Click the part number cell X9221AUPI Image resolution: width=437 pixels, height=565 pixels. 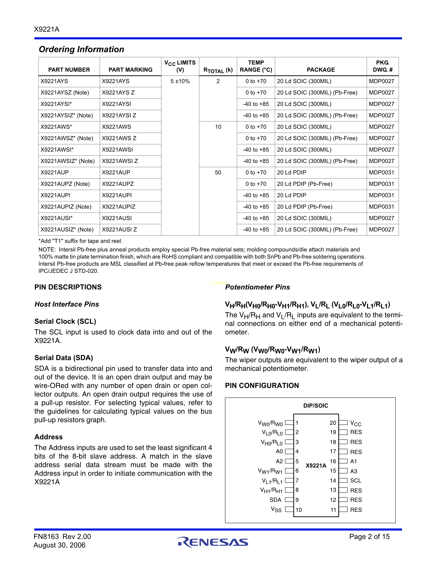55,195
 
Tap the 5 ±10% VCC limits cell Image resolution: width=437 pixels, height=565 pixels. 180,81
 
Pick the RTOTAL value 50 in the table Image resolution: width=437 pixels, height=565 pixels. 218,173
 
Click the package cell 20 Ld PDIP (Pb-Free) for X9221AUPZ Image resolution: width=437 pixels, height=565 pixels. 305,184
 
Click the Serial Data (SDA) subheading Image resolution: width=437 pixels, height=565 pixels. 64,358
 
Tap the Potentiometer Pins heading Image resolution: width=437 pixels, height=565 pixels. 257,287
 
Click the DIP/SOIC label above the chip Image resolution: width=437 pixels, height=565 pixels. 315,406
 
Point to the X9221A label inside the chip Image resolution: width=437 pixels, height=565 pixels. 316,466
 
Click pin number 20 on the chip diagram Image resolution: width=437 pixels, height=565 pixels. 333,423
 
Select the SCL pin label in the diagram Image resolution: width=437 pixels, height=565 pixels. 355,480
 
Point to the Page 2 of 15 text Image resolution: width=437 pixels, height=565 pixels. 369,537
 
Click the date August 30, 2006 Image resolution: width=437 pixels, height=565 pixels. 59,545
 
